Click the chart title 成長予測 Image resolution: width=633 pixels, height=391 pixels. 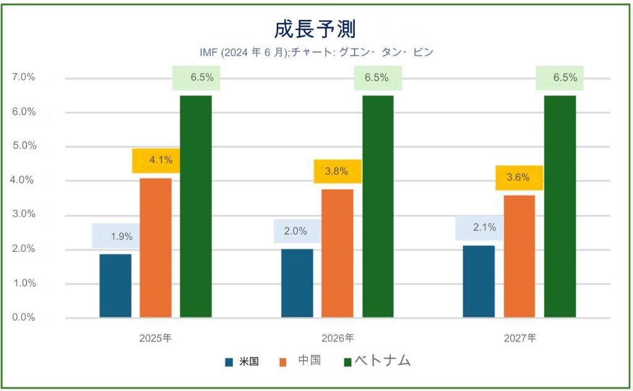point(315,30)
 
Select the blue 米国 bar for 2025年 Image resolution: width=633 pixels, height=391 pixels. point(116,286)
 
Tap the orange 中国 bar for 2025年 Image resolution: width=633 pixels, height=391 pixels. point(156,247)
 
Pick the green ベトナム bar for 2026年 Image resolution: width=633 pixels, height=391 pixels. point(378,207)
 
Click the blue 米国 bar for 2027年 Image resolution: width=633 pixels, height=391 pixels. point(479,281)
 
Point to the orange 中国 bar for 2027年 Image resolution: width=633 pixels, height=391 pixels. point(519,257)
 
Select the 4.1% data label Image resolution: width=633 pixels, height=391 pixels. point(161,160)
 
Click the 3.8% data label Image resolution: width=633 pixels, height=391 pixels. point(336,171)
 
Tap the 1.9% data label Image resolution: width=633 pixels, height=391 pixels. point(122,236)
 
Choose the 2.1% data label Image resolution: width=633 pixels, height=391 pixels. point(485,228)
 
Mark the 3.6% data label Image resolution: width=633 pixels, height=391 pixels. point(518,178)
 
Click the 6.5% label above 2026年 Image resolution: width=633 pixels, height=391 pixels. point(376,77)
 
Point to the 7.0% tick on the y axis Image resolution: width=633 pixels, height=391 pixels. point(23,77)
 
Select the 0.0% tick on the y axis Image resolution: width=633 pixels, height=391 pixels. point(23,317)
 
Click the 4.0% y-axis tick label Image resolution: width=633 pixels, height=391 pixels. point(22,180)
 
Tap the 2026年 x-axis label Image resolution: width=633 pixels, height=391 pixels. point(338,338)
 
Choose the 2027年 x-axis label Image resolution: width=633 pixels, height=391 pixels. point(520,338)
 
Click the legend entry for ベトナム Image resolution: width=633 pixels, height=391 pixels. point(378,360)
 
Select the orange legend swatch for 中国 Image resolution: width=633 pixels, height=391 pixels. point(283,363)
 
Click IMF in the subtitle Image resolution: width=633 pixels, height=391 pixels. point(208,53)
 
